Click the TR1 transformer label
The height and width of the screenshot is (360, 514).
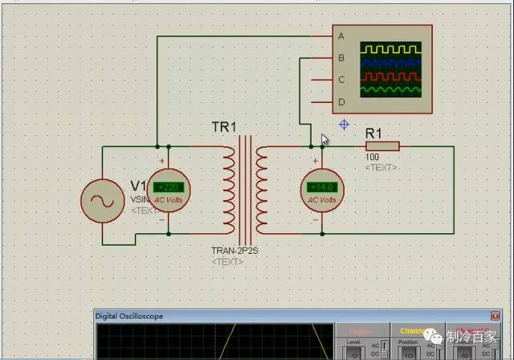click(x=224, y=127)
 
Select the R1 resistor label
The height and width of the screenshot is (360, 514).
click(x=373, y=133)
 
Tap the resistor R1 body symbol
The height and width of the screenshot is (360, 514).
click(x=382, y=146)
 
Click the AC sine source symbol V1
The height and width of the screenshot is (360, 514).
click(x=103, y=201)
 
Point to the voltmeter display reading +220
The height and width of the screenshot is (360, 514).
click(x=169, y=187)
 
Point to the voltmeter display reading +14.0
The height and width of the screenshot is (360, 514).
click(x=321, y=187)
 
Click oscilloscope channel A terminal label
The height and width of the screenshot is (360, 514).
click(x=341, y=36)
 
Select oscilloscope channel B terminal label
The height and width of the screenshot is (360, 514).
click(x=341, y=58)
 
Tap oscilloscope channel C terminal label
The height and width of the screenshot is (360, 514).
click(x=341, y=80)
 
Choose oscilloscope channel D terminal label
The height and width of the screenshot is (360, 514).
click(x=341, y=101)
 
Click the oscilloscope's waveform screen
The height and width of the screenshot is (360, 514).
click(x=390, y=69)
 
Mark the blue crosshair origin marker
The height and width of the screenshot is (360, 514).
click(x=344, y=125)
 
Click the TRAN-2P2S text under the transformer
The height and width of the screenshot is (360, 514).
click(x=235, y=251)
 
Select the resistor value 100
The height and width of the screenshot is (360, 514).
click(x=372, y=158)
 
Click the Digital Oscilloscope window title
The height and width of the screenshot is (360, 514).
click(x=129, y=317)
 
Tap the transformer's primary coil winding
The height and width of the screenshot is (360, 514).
click(x=229, y=189)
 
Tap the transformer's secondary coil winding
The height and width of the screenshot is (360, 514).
click(x=262, y=189)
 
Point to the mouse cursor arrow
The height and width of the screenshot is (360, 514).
click(x=324, y=138)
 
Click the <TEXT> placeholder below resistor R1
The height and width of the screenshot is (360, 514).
click(x=381, y=167)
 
